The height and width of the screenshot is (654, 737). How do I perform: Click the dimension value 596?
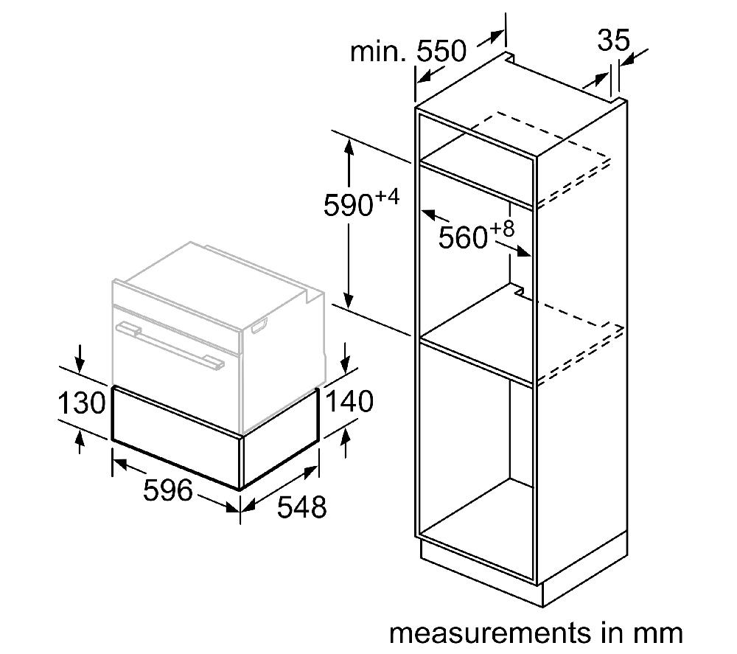[168, 490]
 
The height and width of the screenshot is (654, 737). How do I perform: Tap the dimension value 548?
[301, 507]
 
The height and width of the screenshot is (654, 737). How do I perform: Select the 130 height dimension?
[81, 403]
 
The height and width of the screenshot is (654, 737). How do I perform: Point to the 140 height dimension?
[349, 401]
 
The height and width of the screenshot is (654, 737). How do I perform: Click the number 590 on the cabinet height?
[349, 206]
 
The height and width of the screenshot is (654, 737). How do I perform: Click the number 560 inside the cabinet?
[463, 237]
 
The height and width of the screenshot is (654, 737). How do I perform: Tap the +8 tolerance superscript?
[503, 229]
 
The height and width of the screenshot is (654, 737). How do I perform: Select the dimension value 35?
[613, 40]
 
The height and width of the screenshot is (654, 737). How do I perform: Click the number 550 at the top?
[441, 51]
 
